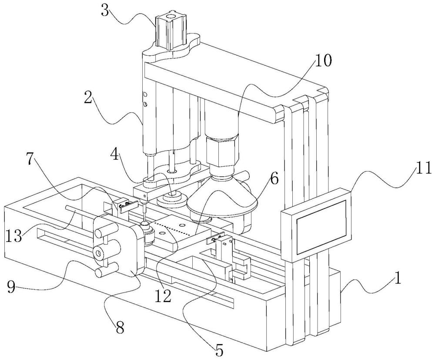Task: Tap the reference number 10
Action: point(323,60)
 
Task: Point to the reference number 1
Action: point(398,279)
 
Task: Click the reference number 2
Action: point(88,98)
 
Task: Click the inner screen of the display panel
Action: point(321,227)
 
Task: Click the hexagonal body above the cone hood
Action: point(222,150)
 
